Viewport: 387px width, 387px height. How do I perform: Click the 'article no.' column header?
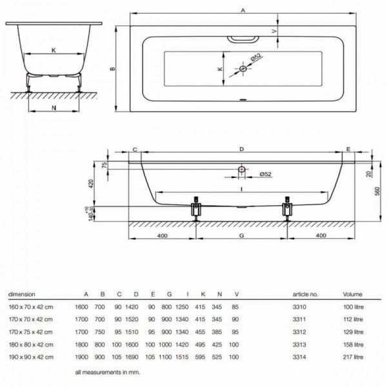(305, 294)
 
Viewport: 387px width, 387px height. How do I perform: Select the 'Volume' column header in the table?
(353, 294)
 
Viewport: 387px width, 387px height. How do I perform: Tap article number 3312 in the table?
(300, 330)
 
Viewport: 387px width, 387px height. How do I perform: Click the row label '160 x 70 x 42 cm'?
(28, 306)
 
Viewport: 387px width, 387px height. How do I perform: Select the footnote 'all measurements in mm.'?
(107, 372)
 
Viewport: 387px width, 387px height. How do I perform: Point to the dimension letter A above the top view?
(243, 9)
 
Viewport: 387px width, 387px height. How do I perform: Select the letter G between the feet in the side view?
(241, 237)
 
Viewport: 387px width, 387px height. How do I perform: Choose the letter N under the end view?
(52, 107)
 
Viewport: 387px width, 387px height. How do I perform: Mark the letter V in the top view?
(273, 31)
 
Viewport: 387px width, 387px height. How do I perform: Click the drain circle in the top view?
(244, 68)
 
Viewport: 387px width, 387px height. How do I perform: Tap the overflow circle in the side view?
(241, 170)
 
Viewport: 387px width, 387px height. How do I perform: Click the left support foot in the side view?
(196, 210)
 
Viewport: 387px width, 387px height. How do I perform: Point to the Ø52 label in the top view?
(256, 58)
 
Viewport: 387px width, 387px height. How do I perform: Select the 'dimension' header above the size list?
(21, 294)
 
